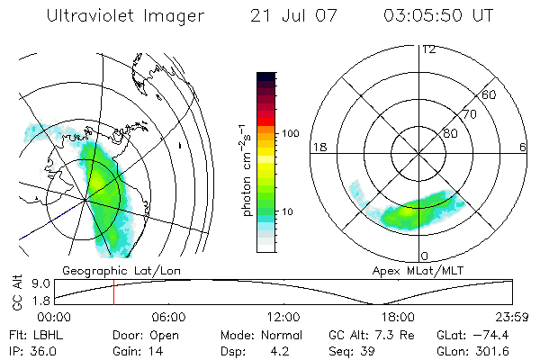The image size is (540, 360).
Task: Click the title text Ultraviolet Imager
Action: point(126,16)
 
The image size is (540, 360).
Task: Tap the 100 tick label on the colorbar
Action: point(290,133)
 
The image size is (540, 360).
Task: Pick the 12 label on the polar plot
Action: point(428,49)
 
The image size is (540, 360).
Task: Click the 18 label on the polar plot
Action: point(318,146)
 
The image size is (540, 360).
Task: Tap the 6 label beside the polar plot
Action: point(523,146)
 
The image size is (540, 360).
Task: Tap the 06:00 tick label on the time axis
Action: point(168,318)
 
